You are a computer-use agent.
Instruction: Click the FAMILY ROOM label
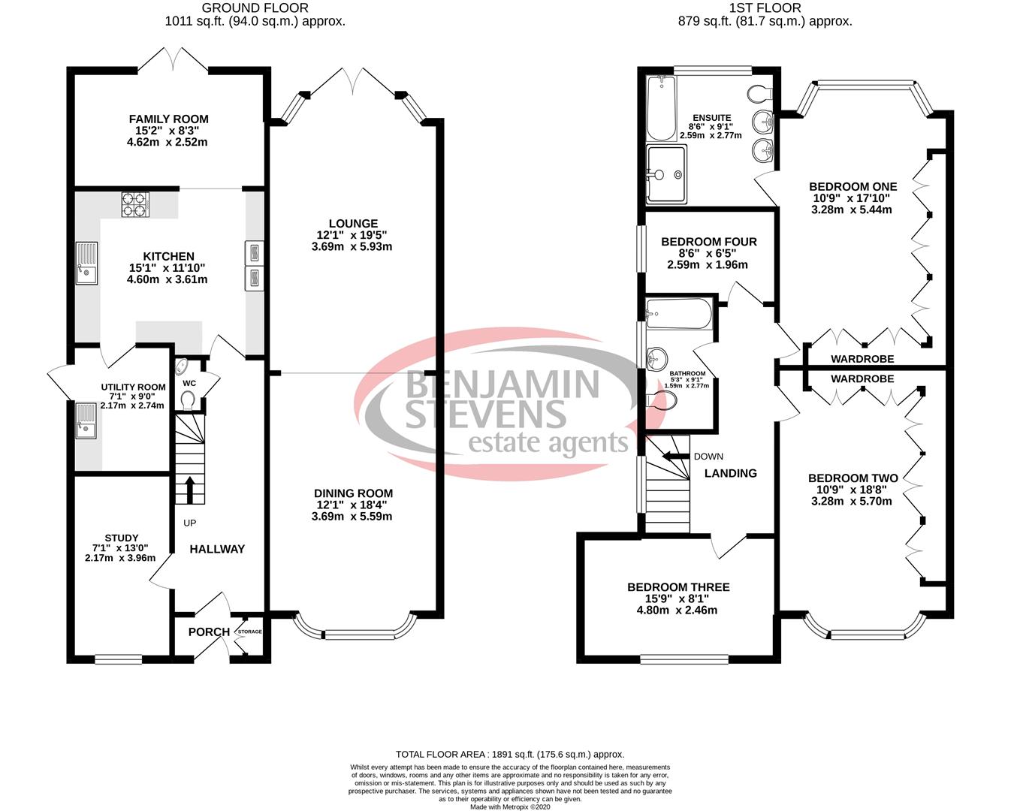168,119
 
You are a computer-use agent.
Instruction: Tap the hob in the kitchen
135,204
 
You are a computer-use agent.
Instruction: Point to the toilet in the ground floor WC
189,399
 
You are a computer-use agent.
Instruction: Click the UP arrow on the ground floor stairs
189,490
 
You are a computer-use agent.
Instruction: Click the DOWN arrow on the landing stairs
674,456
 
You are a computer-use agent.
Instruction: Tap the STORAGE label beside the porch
250,632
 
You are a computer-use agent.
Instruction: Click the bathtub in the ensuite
661,108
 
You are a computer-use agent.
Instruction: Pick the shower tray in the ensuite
666,174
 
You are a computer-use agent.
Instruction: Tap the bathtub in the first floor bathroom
677,314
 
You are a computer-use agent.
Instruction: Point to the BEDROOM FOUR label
708,242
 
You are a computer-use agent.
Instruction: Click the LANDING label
730,473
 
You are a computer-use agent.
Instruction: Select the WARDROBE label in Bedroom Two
862,379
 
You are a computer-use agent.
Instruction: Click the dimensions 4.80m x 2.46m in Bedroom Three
679,611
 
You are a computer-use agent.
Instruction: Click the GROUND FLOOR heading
255,8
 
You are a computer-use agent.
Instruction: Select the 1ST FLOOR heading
765,8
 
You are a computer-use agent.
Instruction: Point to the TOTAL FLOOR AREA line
510,754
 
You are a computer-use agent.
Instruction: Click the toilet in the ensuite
759,94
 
